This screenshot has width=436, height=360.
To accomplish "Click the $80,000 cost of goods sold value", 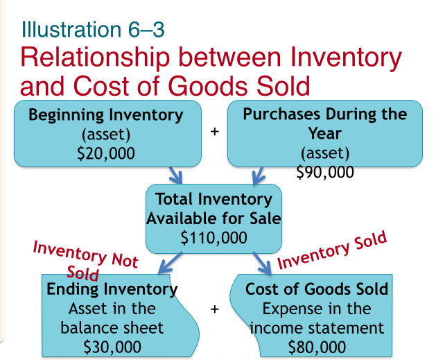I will click(x=317, y=345).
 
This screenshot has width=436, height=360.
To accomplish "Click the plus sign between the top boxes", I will click(x=214, y=131).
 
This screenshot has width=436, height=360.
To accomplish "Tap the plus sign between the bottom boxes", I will click(x=216, y=309).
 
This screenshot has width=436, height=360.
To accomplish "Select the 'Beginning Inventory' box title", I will click(x=106, y=114).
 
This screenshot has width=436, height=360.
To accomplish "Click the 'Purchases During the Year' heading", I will click(x=324, y=122).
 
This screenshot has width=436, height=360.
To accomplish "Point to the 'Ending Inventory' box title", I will click(x=112, y=288).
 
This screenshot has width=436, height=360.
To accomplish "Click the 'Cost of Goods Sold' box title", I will click(x=317, y=288).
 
